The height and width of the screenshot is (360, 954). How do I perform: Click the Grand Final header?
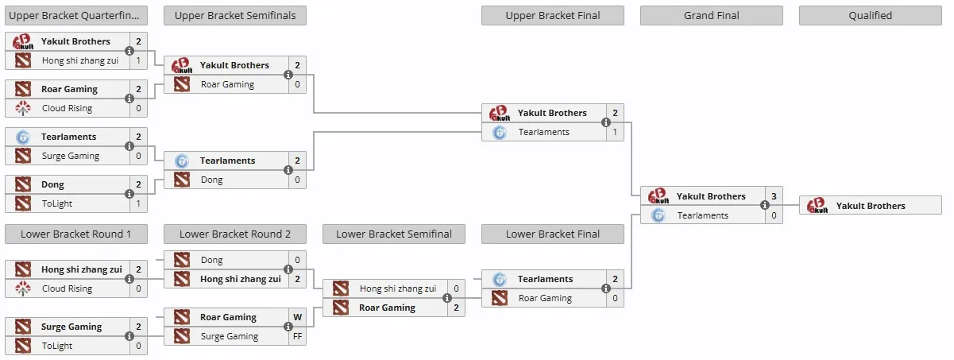pyautogui.click(x=711, y=16)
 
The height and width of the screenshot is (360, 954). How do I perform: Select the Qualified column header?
pyautogui.click(x=870, y=16)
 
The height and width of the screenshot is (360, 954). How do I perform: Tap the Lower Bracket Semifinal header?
pyautogui.click(x=393, y=234)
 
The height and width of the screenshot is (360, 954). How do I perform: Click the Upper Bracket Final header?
pyautogui.click(x=552, y=16)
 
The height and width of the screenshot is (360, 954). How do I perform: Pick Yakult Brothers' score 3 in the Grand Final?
pyautogui.click(x=774, y=196)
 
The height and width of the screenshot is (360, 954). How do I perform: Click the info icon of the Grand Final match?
pyautogui.click(x=765, y=205)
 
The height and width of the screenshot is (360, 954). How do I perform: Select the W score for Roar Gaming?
pyautogui.click(x=297, y=317)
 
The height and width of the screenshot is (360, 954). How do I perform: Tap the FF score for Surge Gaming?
pyautogui.click(x=297, y=336)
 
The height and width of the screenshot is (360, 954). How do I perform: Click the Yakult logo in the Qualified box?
pyautogui.click(x=817, y=205)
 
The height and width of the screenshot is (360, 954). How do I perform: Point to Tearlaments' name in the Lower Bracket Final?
pyautogui.click(x=545, y=279)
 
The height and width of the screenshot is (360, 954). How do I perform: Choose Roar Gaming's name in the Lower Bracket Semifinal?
pyautogui.click(x=387, y=308)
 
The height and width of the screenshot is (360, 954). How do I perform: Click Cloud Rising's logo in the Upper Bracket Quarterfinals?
pyautogui.click(x=23, y=108)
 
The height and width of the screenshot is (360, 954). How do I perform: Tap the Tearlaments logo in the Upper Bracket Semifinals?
pyautogui.click(x=182, y=161)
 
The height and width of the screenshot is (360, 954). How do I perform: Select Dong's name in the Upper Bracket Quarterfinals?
pyautogui.click(x=52, y=184)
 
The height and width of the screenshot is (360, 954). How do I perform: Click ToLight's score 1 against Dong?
pyautogui.click(x=138, y=203)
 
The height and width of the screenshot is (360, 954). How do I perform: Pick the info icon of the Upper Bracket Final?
pyautogui.click(x=606, y=122)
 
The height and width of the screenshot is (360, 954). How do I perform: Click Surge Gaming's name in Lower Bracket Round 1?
pyautogui.click(x=71, y=327)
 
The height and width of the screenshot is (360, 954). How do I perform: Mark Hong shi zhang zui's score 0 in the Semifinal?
pyautogui.click(x=456, y=288)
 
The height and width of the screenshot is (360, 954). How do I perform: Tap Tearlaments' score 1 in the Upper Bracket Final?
pyautogui.click(x=615, y=132)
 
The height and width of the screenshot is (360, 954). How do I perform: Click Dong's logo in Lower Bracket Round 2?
pyautogui.click(x=182, y=260)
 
